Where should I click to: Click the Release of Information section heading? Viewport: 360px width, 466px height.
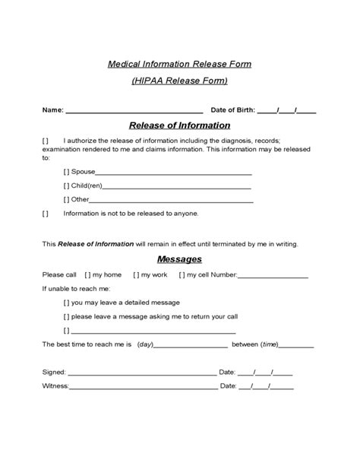[x=179, y=125]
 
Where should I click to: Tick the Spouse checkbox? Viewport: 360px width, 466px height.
[x=67, y=172]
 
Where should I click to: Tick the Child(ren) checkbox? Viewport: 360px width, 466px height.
[x=67, y=185]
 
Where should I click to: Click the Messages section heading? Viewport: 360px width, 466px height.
[x=179, y=259]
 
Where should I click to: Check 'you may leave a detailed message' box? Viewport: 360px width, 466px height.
[x=67, y=303]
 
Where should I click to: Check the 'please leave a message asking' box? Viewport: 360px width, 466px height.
[x=67, y=316]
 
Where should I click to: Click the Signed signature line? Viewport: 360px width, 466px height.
[x=142, y=373]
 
